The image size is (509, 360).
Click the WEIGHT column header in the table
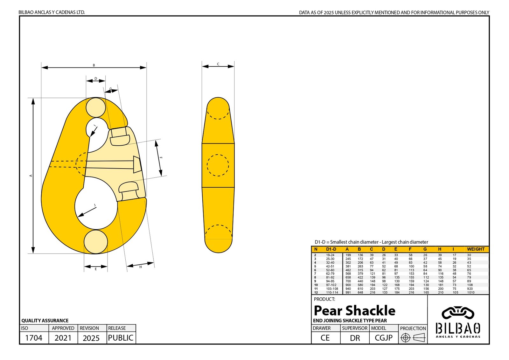click(x=476, y=249)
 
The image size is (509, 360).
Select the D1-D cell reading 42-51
click(x=330, y=267)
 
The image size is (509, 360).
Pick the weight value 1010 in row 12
click(x=471, y=293)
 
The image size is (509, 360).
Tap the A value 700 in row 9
click(x=348, y=281)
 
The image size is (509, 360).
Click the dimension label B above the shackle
click(x=94, y=65)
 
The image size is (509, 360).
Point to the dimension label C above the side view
click(x=218, y=64)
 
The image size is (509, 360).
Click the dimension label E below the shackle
click(x=95, y=269)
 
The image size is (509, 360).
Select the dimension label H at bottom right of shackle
click(x=140, y=267)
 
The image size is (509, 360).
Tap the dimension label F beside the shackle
click(x=161, y=158)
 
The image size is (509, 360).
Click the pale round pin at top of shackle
click(x=95, y=107)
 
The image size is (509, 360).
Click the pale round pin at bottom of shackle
click(x=95, y=242)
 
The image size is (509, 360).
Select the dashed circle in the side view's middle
click(x=218, y=165)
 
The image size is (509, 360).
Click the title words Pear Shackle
click(x=354, y=310)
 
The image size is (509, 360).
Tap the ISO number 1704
click(x=33, y=338)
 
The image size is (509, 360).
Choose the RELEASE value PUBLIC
click(x=121, y=338)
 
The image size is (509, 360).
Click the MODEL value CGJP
click(x=383, y=338)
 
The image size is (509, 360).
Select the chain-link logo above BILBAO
click(x=458, y=313)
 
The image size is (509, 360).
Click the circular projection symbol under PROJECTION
click(x=405, y=338)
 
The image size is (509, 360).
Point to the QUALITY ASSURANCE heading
click(x=45, y=321)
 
